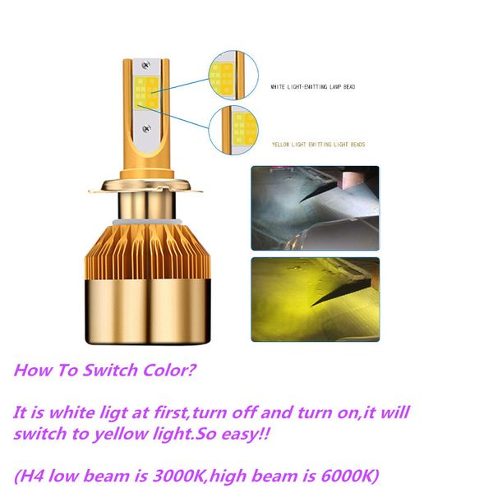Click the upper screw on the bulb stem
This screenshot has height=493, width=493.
145,65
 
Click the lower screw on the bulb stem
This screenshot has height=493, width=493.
146,128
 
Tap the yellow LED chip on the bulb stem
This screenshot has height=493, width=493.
146,93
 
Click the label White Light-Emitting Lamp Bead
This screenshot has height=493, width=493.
313,87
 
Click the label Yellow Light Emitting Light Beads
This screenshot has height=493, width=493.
319,145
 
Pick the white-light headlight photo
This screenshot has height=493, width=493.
316,208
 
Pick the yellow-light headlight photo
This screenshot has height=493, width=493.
316,299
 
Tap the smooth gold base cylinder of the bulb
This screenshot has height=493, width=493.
148,311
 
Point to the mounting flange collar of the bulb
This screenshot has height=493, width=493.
145,187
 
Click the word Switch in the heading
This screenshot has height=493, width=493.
110,370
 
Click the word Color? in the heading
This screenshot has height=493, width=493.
170,370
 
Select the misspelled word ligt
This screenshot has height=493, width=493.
113,413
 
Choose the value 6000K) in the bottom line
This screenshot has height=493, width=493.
350,476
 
